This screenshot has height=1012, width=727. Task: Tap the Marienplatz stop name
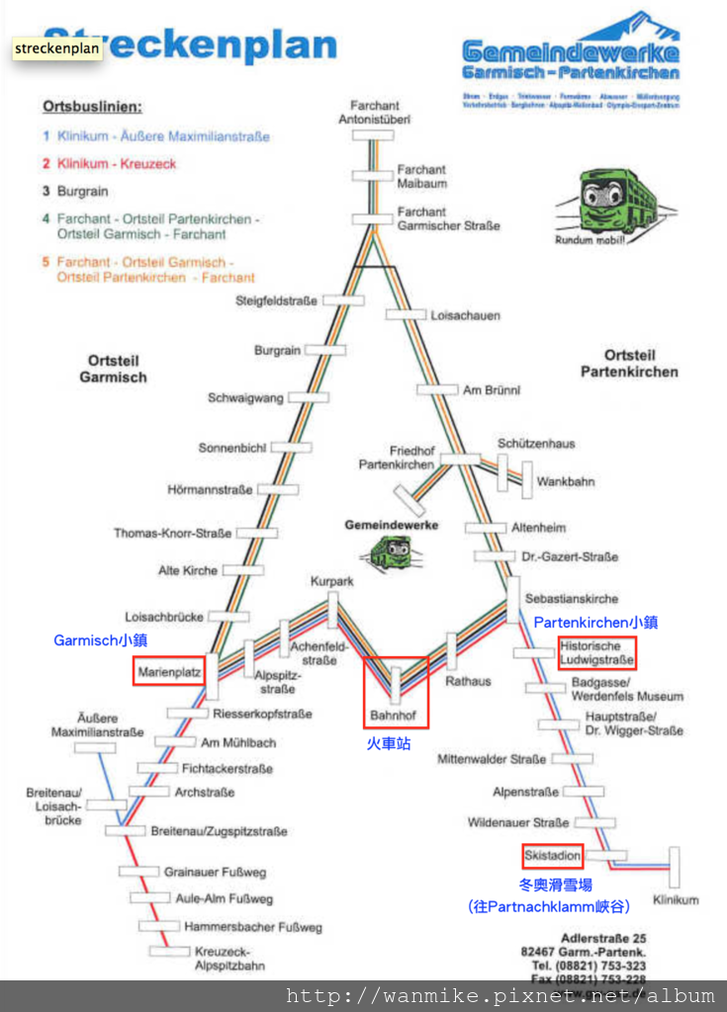pos(169,672)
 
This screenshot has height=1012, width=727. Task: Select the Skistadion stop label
pos(553,855)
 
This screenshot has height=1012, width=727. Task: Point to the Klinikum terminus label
pos(676,899)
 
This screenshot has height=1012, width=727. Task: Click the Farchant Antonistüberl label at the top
pos(374,113)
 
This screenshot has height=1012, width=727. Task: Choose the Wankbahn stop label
pos(566,481)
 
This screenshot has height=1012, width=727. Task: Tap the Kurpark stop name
pos(331,582)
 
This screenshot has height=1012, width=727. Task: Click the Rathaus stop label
pos(468,681)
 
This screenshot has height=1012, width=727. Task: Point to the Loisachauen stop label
pos(465,315)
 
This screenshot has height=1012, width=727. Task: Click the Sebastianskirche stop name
pos(572,599)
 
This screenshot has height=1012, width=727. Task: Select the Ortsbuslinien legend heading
pos(92,106)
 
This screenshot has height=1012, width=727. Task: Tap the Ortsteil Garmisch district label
pos(113,370)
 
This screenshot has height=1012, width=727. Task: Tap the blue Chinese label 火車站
pos(389,743)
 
